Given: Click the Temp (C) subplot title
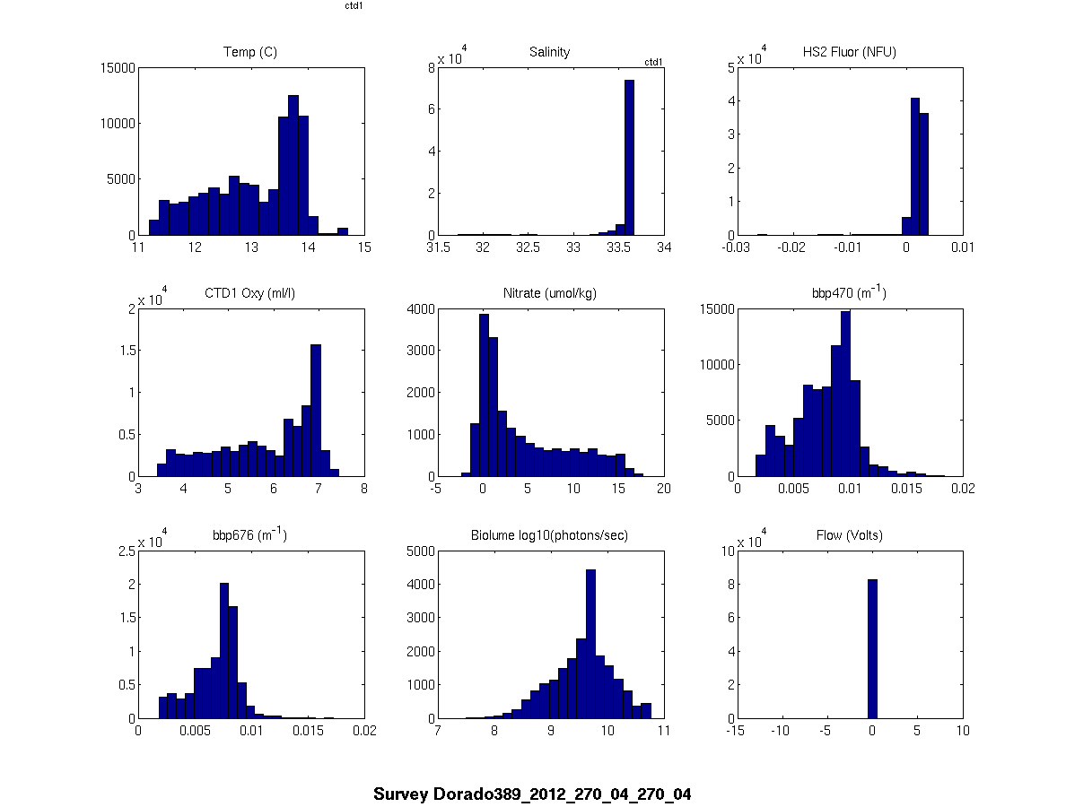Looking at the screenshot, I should pos(249,52).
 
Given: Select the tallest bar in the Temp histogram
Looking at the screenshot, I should pos(293,166).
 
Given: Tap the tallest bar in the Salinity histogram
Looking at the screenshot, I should pos(629,158).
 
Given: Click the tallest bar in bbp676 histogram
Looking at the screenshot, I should pos(224,651).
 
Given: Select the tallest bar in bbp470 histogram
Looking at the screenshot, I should pos(845,395).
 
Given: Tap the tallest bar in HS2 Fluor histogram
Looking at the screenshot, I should pos(915,167).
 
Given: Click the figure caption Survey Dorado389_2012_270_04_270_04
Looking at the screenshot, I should pos(532,794).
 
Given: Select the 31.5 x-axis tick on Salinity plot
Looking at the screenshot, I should pos(438,248).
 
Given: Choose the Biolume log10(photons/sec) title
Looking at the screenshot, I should pos(549,535).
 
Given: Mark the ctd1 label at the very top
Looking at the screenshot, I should pos(354,5).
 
